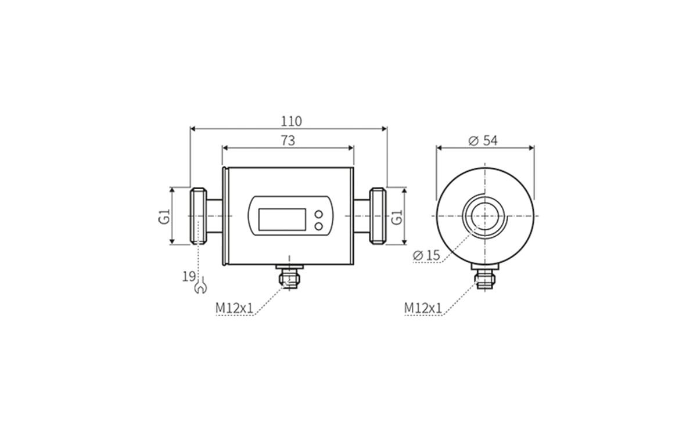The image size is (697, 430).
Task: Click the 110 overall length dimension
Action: coord(292,121)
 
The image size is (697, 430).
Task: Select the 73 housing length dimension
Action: coord(288,140)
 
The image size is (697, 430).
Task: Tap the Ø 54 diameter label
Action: coord(483,141)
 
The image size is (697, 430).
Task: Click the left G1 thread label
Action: coord(165,216)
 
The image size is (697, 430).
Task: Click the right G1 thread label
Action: coord(397,216)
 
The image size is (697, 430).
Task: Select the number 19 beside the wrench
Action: coord(188,277)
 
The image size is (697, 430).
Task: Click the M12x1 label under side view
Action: coord(235,308)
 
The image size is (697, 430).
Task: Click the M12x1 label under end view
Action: coord(423,308)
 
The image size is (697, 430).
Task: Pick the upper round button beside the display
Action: coord(318,215)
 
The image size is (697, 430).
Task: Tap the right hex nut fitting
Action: coord(378,216)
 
